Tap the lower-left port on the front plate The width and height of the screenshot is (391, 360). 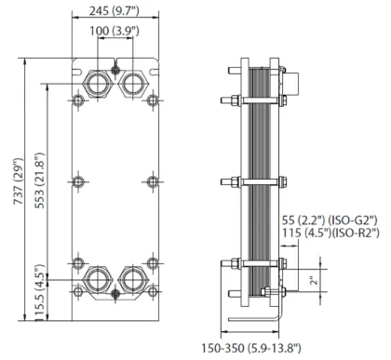click(95, 279)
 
